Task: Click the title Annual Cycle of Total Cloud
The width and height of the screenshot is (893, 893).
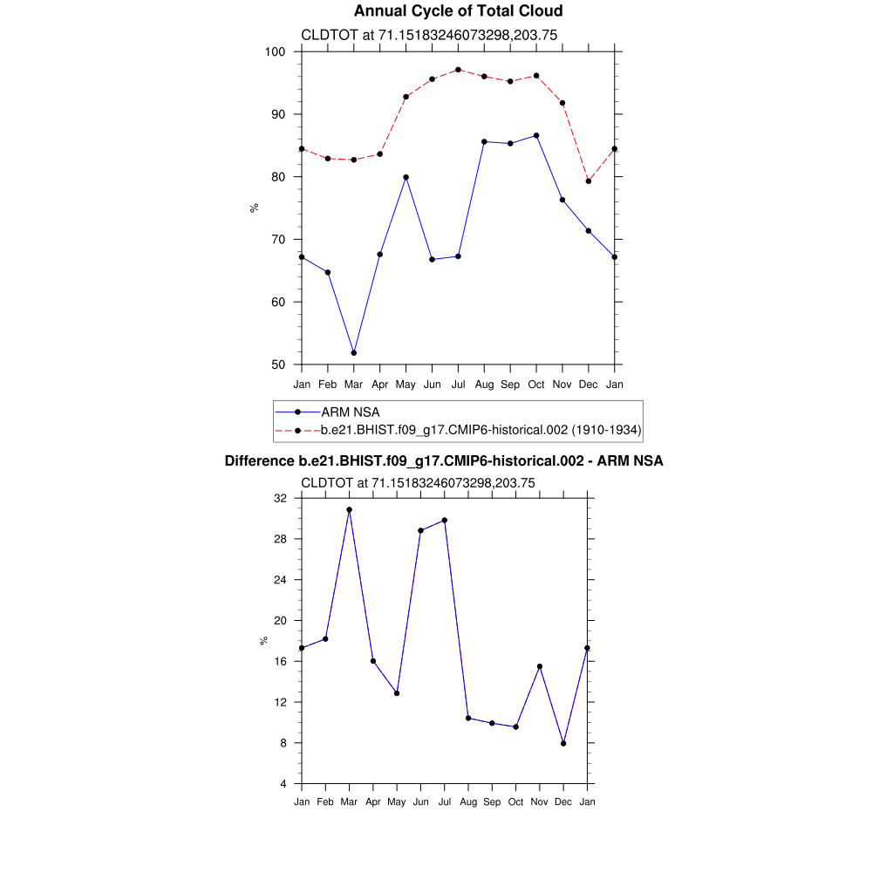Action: point(458,11)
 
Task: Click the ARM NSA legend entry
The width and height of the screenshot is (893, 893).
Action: point(350,412)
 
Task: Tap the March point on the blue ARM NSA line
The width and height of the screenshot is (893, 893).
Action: point(353,352)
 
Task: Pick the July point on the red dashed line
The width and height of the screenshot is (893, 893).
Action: point(458,70)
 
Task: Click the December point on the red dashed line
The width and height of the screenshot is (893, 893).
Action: point(589,181)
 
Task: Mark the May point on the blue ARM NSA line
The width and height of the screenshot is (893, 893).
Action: point(406,177)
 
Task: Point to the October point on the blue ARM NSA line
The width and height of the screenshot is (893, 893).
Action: point(536,135)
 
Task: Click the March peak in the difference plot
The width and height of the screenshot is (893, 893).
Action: point(349,509)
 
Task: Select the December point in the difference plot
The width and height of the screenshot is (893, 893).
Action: point(564,744)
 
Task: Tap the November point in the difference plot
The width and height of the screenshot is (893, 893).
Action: point(540,666)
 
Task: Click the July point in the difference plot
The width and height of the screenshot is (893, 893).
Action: point(445,520)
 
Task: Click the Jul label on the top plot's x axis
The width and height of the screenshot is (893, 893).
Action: point(458,384)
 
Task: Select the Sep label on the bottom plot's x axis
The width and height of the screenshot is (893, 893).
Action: point(492,801)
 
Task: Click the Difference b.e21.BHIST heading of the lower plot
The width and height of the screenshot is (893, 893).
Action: point(444,461)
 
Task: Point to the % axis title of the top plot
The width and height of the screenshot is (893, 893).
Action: point(254,208)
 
